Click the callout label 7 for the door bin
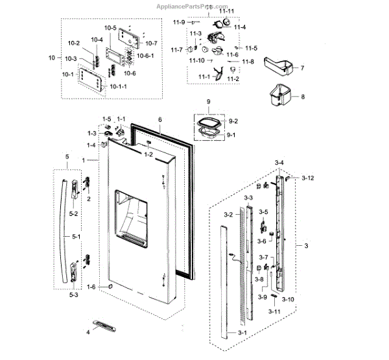point(301,67)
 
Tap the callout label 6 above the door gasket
point(159,119)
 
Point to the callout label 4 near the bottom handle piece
point(88,333)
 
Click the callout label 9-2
point(232,121)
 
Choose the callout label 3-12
point(307,178)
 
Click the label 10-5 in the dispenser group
point(110,29)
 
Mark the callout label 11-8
point(248,62)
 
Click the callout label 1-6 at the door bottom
point(92,287)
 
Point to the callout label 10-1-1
point(117,86)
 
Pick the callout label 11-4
point(240,27)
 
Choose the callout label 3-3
point(248,197)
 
